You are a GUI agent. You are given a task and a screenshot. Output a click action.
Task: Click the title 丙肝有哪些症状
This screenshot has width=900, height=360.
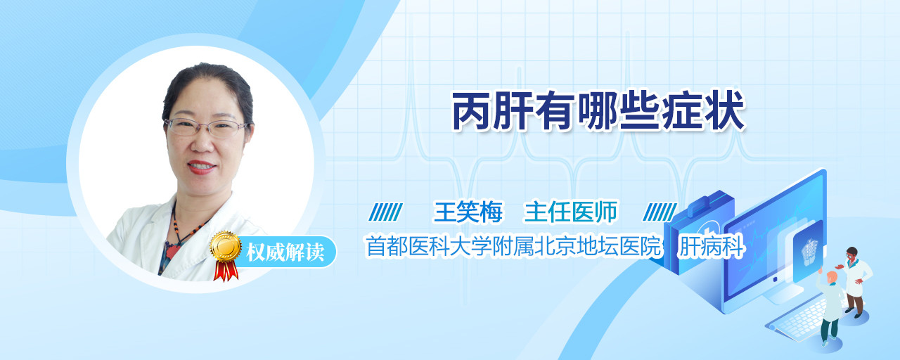click(598, 111)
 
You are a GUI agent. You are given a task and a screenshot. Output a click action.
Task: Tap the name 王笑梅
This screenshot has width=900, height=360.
click(468, 212)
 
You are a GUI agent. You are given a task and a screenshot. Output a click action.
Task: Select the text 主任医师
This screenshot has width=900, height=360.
click(570, 212)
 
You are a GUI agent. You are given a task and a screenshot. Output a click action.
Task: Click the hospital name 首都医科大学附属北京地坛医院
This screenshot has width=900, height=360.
click(513, 246)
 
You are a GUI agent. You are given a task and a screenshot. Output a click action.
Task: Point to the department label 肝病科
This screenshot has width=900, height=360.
click(711, 246)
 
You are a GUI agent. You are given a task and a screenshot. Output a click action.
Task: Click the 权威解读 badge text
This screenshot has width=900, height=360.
click(285, 252)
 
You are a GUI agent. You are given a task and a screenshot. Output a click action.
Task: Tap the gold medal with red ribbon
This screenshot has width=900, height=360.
click(226, 255)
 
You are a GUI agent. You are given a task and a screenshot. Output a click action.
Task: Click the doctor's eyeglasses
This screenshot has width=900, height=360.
click(207, 127)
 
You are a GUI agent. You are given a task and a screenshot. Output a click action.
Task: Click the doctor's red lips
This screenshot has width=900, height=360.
click(201, 167)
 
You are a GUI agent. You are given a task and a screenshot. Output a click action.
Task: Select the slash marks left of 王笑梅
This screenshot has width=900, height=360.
click(385, 212)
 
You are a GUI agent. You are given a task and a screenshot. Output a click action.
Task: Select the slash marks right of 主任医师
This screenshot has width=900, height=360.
click(660, 212)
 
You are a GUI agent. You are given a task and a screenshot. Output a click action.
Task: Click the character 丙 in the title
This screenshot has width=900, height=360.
click(471, 111)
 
